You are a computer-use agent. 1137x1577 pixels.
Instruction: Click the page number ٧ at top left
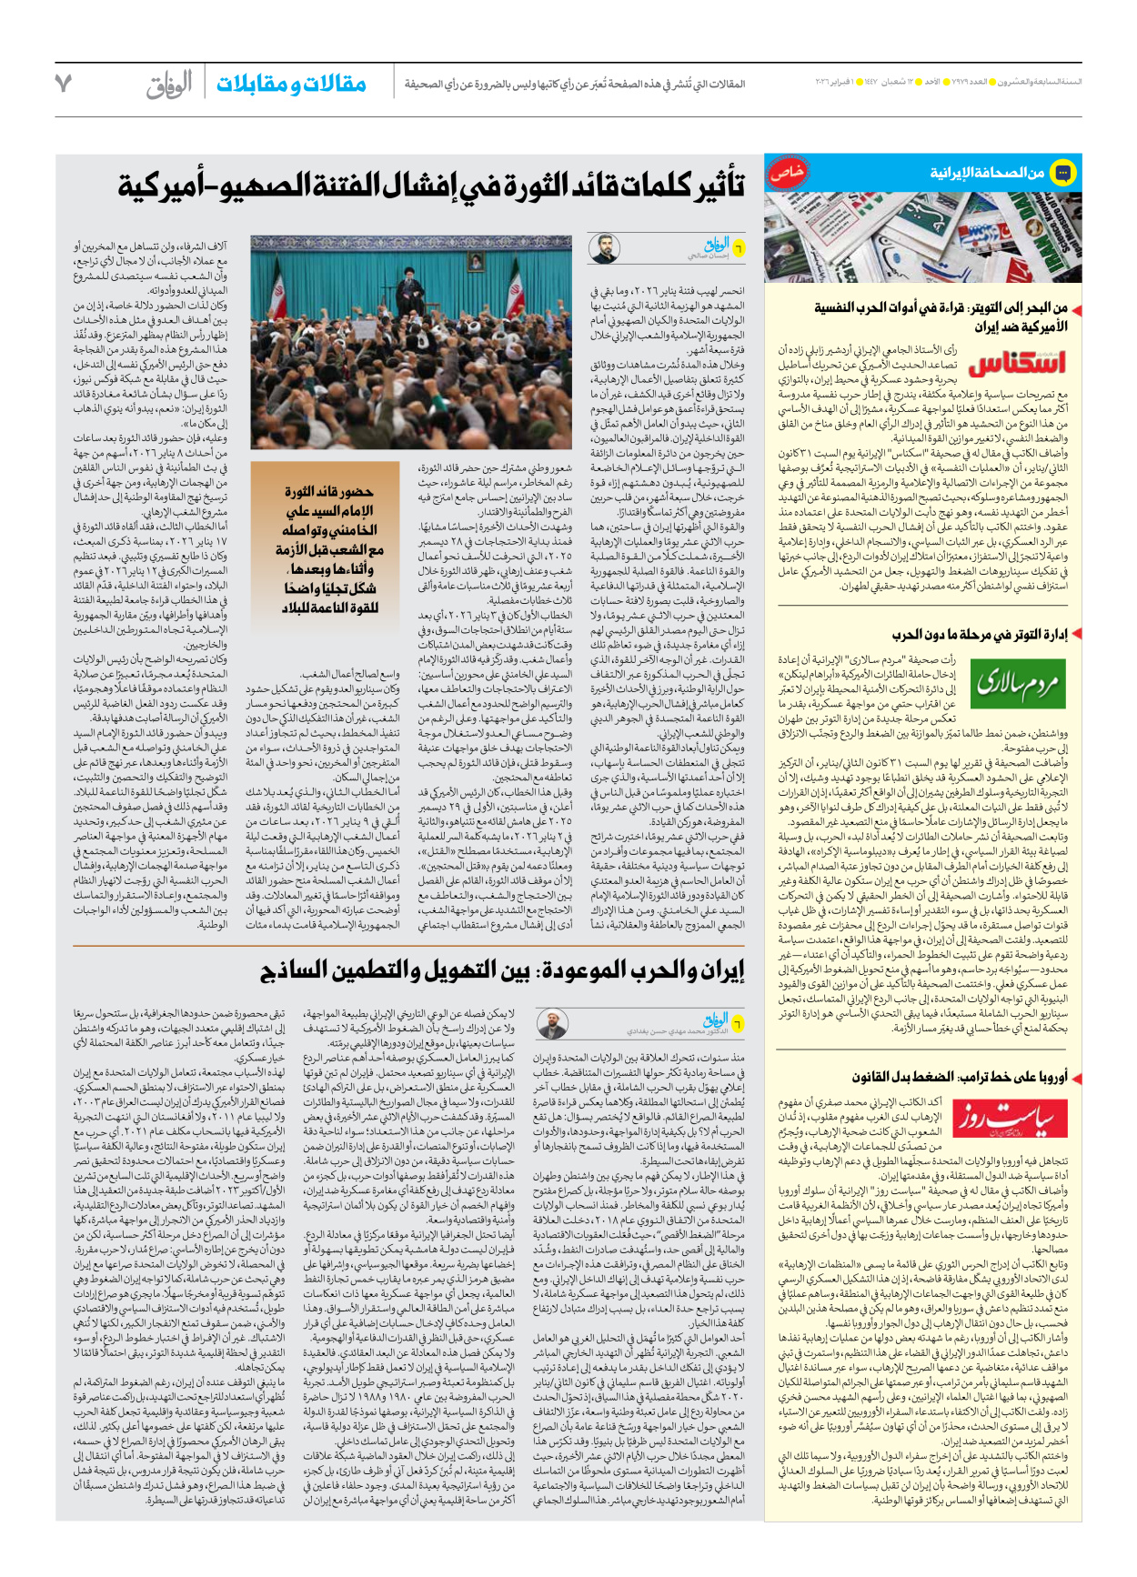pos(63,83)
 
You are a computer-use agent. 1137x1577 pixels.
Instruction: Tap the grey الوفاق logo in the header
pos(169,85)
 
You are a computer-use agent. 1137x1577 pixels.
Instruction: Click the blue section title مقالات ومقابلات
pos(291,85)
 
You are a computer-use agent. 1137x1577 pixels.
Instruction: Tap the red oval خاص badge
pos(787,172)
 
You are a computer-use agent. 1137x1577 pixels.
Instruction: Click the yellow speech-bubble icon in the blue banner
pos(1062,172)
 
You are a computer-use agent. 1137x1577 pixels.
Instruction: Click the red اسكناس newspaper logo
pos(1016,364)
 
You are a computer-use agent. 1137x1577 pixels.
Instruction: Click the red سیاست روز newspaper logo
pos(1016,1119)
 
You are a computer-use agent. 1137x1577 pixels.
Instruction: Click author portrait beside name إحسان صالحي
pos(603,248)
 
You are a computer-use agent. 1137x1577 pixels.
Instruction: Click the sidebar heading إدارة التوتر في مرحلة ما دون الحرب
pos(979,634)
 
